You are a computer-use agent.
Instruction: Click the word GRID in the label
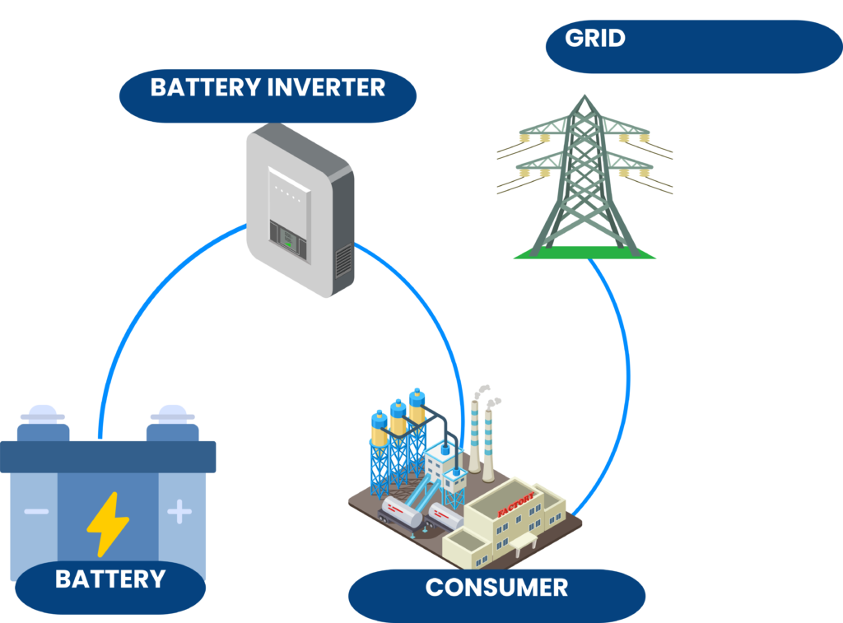594,39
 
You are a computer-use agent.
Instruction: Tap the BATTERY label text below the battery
109,579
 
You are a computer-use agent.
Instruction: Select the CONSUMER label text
496,588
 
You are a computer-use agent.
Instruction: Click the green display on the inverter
288,239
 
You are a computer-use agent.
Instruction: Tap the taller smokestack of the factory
475,436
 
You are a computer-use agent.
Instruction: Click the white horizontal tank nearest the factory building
445,516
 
